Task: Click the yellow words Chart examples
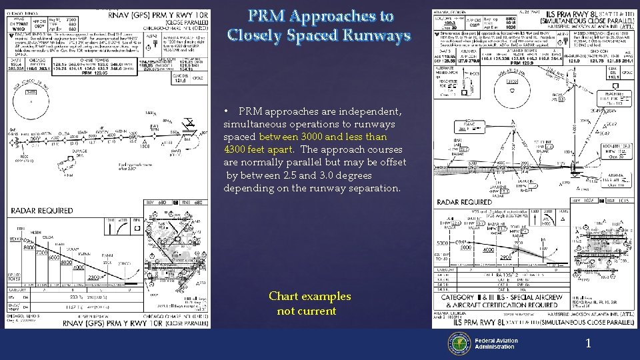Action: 309,296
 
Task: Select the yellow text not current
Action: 307,311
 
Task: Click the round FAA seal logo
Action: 460,344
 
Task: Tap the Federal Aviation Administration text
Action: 496,344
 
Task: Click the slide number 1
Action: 589,343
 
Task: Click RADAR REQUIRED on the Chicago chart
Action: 42,211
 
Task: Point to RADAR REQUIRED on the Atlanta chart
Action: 465,202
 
